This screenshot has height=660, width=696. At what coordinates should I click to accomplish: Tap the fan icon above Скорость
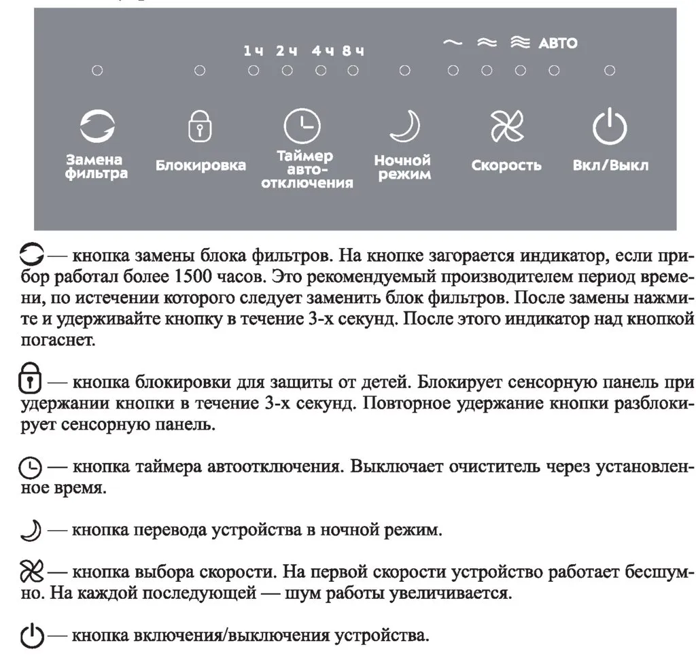(x=507, y=126)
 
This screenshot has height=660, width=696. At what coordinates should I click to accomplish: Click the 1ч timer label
(x=253, y=51)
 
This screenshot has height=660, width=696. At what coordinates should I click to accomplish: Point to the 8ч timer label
(x=353, y=51)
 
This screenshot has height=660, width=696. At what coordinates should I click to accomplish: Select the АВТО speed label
(x=557, y=44)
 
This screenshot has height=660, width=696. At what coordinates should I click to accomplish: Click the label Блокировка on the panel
(x=201, y=165)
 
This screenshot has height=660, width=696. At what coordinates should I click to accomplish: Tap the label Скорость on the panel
(x=506, y=165)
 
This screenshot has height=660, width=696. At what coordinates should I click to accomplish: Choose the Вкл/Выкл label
(x=610, y=165)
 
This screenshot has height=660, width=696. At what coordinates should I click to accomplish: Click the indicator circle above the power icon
(x=610, y=70)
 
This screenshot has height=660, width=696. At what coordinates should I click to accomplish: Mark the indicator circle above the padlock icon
(x=200, y=70)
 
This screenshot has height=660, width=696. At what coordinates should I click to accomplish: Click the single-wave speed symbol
(x=452, y=43)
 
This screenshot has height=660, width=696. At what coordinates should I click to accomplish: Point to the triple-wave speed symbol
(x=520, y=43)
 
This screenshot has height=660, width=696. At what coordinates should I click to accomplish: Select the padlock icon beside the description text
(x=29, y=383)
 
